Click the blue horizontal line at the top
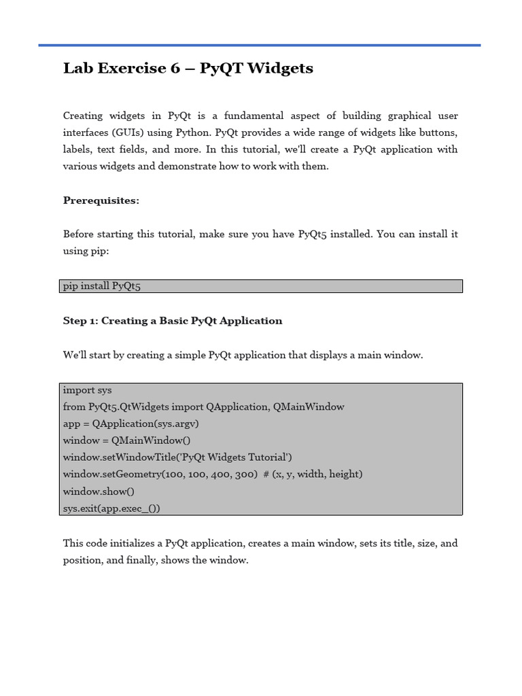click(x=260, y=46)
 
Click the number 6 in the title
click(x=175, y=69)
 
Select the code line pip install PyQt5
click(x=101, y=286)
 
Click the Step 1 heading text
click(x=173, y=321)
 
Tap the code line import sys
click(x=87, y=390)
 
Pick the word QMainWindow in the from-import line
click(x=309, y=406)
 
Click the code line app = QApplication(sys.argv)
click(x=130, y=423)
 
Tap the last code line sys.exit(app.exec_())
click(x=111, y=508)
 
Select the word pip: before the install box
click(x=99, y=251)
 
